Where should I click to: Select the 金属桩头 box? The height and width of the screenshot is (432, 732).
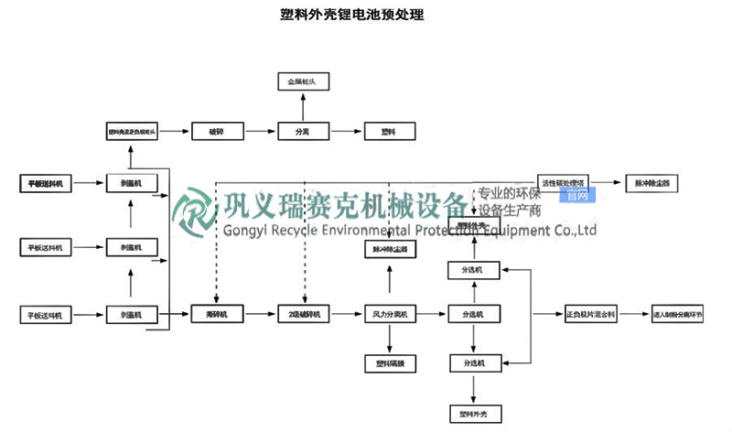point(301,82)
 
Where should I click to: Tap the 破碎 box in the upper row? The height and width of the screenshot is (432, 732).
point(216,132)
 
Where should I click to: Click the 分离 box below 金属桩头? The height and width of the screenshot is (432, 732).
point(301,132)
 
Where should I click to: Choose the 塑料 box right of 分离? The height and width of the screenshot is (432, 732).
point(388,132)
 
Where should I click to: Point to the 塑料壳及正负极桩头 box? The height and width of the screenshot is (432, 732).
point(132,132)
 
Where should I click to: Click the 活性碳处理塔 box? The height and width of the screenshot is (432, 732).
point(567,183)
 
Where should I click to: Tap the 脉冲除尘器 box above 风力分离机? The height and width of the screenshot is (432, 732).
point(390,248)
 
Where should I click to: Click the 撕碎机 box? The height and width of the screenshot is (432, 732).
point(216,315)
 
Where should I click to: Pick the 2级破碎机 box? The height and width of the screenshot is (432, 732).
point(301,315)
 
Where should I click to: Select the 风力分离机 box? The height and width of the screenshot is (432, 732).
point(390,315)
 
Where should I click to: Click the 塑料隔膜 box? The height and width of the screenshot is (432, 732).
point(390,363)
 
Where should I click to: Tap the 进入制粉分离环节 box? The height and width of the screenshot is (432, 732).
point(682,315)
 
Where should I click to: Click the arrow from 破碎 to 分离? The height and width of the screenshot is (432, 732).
point(259,132)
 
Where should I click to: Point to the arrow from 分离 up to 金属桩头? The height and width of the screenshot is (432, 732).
point(301,107)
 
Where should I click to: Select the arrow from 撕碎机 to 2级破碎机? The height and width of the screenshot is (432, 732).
point(259,315)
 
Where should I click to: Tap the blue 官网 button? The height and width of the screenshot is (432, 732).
point(578,195)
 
